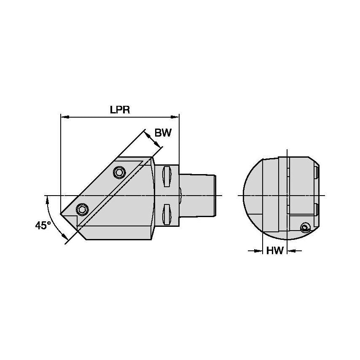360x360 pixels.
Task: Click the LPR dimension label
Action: (x=120, y=110)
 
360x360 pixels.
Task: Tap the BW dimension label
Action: (x=163, y=133)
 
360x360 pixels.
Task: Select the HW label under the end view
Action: (x=275, y=251)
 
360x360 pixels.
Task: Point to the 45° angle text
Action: (x=43, y=226)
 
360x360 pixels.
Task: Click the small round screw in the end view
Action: (x=305, y=228)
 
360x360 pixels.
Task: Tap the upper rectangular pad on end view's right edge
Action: (x=317, y=173)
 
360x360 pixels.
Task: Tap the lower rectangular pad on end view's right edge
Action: (x=317, y=210)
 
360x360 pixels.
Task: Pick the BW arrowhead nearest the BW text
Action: (x=159, y=145)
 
